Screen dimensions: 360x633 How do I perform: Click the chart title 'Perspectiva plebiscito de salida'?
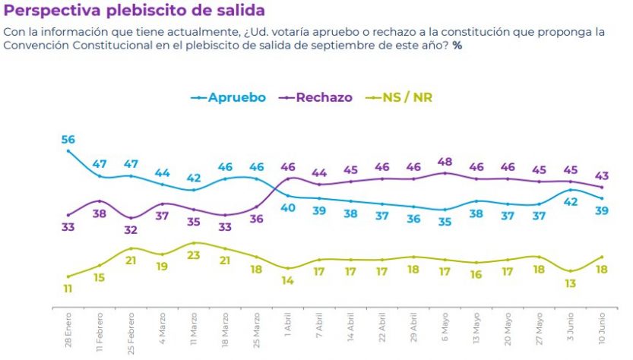click(135, 11)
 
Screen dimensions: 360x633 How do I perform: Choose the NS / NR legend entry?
click(407, 97)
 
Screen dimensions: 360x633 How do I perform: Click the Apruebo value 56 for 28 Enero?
click(68, 139)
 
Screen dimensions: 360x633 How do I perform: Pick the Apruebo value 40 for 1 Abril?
click(288, 208)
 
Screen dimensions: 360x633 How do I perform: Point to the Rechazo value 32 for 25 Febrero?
click(131, 230)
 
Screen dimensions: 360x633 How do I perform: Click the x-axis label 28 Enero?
click(68, 332)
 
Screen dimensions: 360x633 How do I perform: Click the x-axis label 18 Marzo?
click(225, 331)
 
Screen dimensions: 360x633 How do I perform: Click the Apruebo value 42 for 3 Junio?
click(571, 202)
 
